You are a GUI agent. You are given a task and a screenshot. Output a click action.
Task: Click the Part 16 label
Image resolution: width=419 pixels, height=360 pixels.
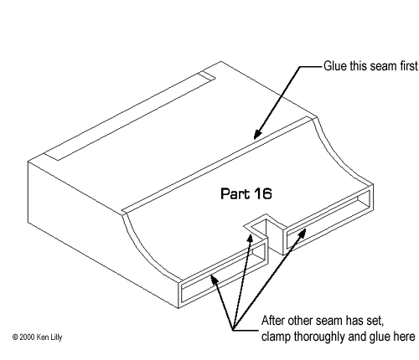click(x=246, y=193)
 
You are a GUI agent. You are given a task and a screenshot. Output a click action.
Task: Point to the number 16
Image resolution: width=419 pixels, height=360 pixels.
click(x=263, y=193)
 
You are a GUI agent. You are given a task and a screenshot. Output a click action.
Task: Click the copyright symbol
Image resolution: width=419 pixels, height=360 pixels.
click(x=15, y=337)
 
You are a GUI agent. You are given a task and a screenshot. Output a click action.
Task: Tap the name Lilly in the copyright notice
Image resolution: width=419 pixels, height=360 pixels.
click(x=56, y=337)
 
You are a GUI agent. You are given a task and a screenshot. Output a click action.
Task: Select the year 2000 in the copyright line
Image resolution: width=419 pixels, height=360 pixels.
click(x=27, y=337)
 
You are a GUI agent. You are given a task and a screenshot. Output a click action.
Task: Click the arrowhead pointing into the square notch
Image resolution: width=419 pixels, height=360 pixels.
click(x=250, y=239)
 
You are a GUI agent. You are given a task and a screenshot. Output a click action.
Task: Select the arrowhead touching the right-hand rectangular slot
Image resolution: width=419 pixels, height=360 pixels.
click(x=303, y=234)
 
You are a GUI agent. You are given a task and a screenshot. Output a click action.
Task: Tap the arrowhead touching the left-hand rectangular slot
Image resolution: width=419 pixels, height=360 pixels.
click(x=214, y=280)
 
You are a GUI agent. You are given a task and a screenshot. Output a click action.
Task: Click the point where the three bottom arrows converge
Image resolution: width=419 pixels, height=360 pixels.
click(x=233, y=330)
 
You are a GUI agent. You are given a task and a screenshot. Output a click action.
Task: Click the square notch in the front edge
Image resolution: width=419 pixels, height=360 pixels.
click(x=265, y=233)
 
